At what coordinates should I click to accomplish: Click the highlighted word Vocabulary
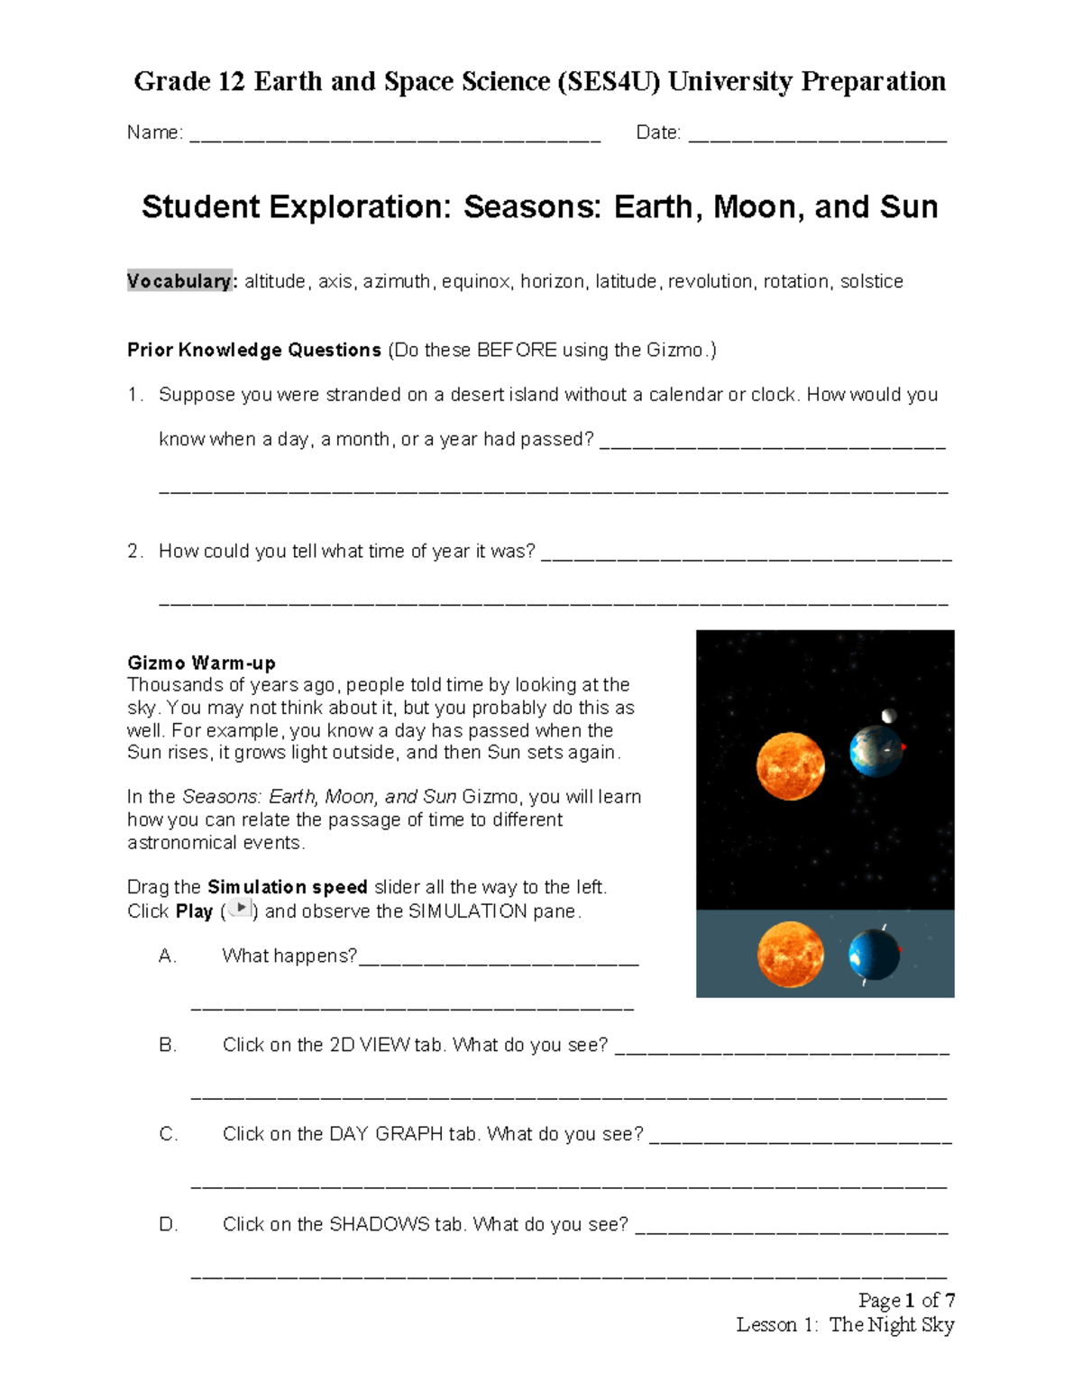point(179,281)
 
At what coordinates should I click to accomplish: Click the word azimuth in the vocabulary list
point(397,281)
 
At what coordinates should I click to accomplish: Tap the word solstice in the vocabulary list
point(871,281)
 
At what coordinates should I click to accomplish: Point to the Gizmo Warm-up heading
point(201,663)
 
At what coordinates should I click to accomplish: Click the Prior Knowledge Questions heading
point(254,350)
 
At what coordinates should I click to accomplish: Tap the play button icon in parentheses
point(240,909)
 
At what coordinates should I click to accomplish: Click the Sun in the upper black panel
point(791,766)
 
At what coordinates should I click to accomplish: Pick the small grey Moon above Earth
point(890,716)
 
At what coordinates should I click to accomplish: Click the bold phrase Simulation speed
point(288,887)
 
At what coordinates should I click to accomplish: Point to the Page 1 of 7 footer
point(906,1300)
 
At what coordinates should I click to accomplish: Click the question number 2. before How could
point(135,552)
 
